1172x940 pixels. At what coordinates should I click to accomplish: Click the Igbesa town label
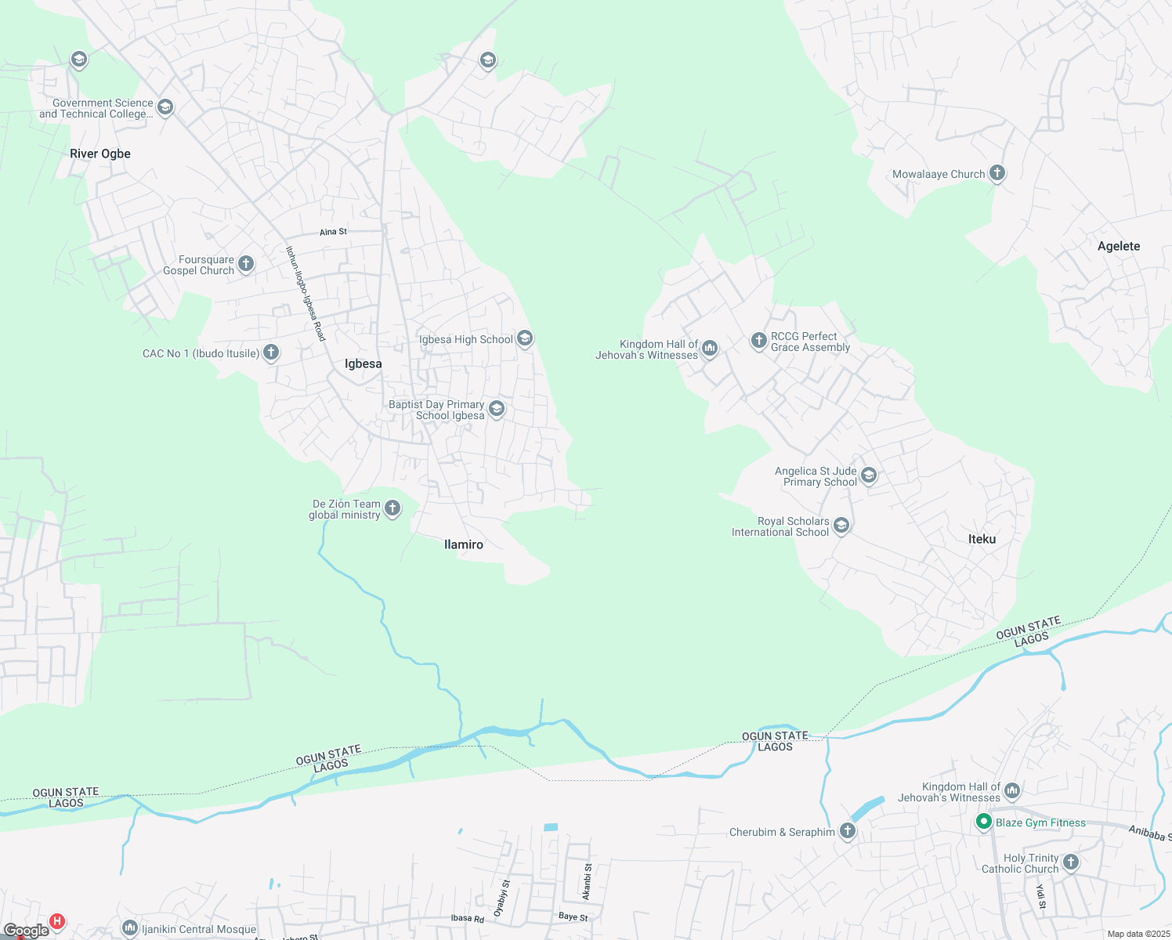364,363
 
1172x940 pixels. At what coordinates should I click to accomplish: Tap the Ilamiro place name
463,544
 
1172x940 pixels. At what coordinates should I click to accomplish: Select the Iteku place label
982,539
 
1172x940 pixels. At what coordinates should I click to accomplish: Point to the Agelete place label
1118,246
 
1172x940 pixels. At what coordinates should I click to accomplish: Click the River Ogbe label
100,154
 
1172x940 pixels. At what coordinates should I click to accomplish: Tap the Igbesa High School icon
525,338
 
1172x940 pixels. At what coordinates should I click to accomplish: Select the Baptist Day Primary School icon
496,409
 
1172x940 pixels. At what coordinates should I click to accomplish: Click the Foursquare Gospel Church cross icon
246,264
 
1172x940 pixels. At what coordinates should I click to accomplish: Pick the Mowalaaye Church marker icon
997,173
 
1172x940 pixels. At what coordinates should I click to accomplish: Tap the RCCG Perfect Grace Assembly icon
758,340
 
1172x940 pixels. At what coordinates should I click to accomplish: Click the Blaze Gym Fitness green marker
983,822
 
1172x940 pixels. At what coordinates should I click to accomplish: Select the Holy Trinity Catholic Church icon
1070,862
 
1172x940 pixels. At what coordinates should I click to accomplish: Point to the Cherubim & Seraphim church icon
847,831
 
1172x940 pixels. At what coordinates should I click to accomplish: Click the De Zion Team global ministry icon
392,508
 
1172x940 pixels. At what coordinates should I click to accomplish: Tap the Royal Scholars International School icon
841,526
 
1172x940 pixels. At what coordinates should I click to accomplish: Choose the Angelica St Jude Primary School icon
868,475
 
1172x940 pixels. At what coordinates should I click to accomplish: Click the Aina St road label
333,232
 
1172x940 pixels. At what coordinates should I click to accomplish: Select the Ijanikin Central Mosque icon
130,928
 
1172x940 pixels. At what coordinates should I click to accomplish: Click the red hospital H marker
56,921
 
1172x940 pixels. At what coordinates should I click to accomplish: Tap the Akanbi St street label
588,881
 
